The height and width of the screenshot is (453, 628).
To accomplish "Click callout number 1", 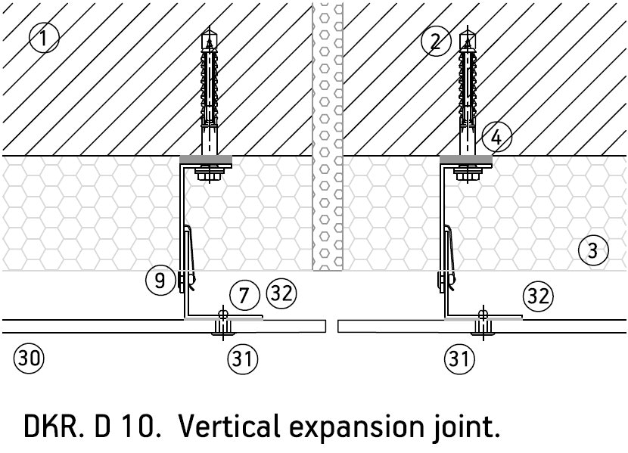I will pyautogui.click(x=43, y=37).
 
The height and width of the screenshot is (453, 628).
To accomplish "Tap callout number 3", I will pyautogui.click(x=592, y=249).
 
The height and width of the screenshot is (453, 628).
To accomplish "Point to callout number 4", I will pyautogui.click(x=496, y=138).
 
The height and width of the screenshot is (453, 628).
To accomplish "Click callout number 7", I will pyautogui.click(x=244, y=295).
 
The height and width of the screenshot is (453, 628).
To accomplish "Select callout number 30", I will pyautogui.click(x=28, y=358).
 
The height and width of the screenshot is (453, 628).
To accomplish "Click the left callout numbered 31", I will pyautogui.click(x=242, y=358).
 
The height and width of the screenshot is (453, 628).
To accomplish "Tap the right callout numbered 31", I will pyautogui.click(x=459, y=358).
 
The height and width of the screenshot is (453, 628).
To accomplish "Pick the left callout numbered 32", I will pyautogui.click(x=281, y=293).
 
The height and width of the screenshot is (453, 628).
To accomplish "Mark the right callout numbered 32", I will pyautogui.click(x=538, y=295).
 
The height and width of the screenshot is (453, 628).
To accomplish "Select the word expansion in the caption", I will pyautogui.click(x=355, y=429).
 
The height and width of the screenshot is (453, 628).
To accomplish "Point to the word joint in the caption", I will pyautogui.click(x=467, y=427).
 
